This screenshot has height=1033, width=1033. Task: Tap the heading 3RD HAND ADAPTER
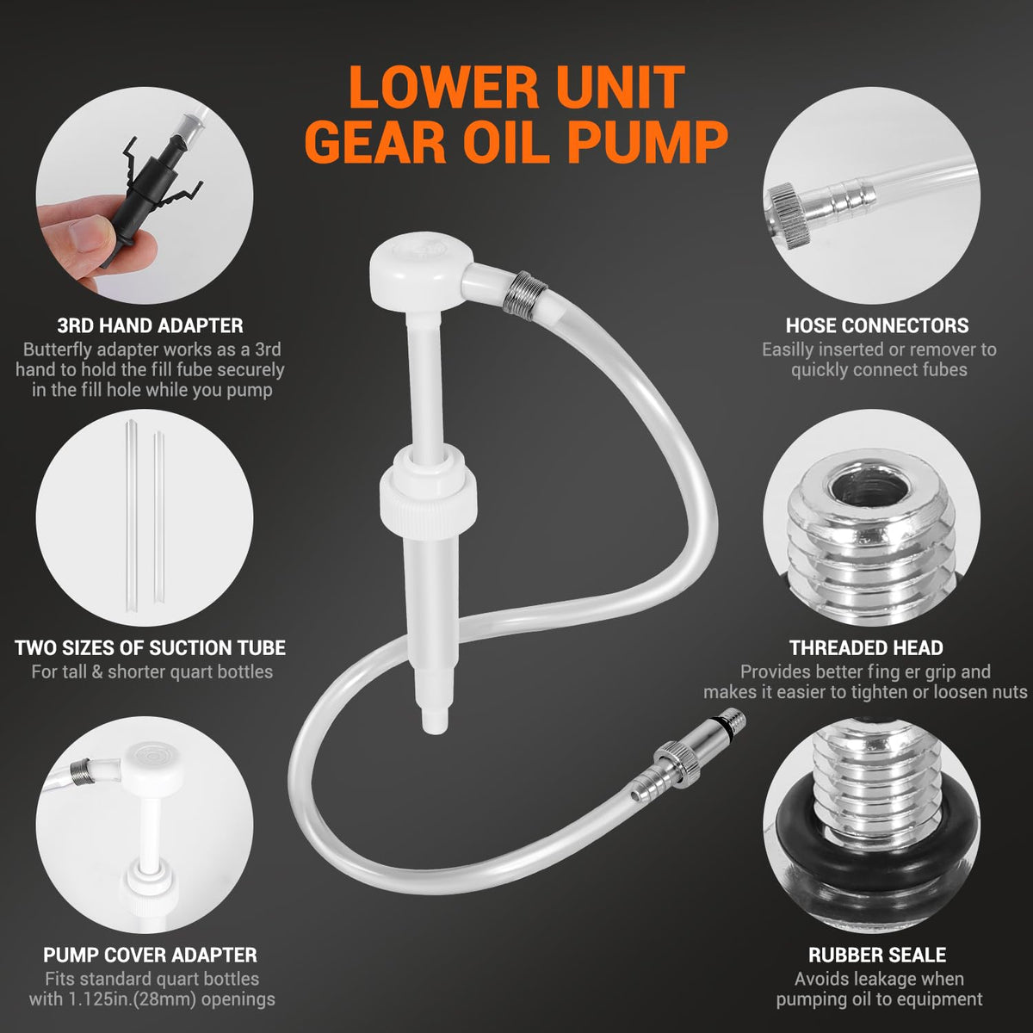[x=150, y=325]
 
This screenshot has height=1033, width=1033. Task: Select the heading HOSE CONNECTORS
[x=877, y=325]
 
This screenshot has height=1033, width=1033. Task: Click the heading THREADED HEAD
[x=866, y=647]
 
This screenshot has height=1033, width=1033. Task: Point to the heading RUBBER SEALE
[x=877, y=955]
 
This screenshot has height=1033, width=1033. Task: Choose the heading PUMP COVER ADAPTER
[x=150, y=955]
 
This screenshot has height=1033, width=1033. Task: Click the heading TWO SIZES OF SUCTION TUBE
[x=150, y=647]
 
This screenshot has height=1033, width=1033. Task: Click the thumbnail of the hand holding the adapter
[x=145, y=195]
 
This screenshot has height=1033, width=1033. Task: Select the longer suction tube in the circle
[x=132, y=516]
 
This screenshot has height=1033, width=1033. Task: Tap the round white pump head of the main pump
[x=421, y=270]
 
